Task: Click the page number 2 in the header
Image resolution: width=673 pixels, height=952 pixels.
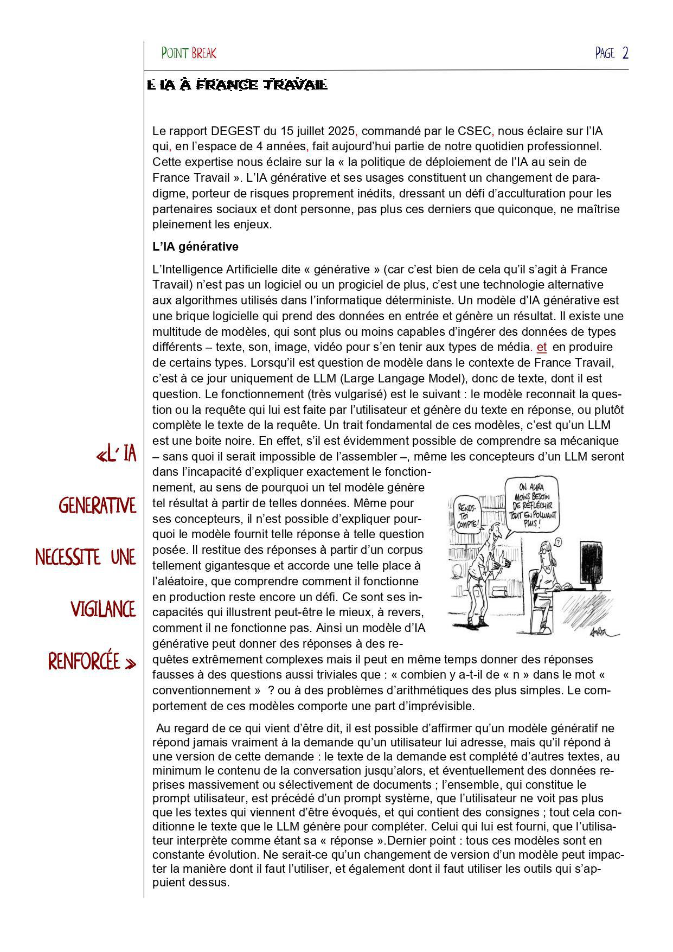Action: pos(625,53)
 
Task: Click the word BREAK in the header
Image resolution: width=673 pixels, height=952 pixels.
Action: pos(204,53)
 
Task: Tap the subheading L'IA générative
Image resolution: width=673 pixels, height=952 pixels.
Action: pos(195,246)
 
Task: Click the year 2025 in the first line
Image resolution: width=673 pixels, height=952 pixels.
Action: pos(341,131)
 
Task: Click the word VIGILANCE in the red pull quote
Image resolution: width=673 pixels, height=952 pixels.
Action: pos(103,610)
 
